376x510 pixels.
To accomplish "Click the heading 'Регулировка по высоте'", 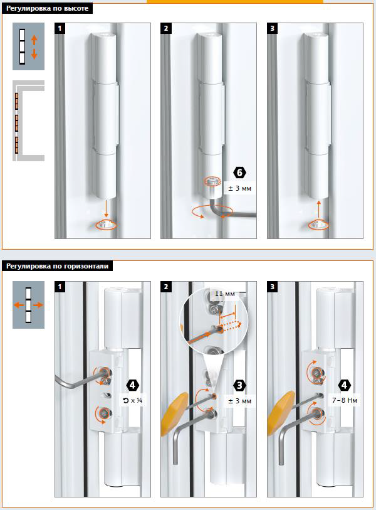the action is pos(47,8).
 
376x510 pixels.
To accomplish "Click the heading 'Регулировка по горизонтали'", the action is pos(57,266).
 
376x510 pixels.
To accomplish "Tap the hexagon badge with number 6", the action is pos(240,173).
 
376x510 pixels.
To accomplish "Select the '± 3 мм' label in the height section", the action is pos(239,188).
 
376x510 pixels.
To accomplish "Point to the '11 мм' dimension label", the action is pos(224,294).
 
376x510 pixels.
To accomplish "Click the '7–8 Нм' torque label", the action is pos(345,400).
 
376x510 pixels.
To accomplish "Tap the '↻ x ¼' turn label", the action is pos(133,400).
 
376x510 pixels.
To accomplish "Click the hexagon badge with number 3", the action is pos(240,385).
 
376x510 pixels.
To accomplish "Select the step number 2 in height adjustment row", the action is pos(165,28).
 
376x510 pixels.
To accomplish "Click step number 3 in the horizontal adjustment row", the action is pos(272,287).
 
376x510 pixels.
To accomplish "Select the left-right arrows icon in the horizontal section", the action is pos(28,305).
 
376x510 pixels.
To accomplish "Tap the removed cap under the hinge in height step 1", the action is pos(107,225).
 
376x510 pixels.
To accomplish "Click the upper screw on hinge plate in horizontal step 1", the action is pos(105,372).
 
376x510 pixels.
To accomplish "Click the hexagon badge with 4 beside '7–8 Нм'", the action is pos(345,385).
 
